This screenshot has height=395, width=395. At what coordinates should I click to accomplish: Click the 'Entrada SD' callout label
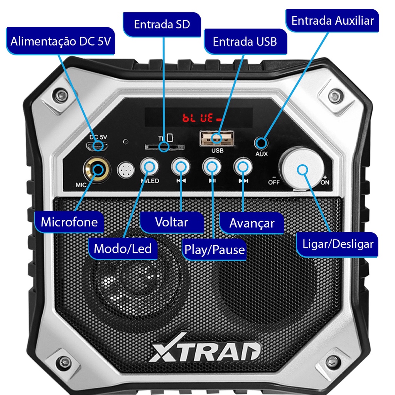click(162, 24)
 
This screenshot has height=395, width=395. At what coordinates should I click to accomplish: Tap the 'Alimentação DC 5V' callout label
click(61, 41)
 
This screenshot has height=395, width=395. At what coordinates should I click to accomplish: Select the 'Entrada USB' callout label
click(245, 42)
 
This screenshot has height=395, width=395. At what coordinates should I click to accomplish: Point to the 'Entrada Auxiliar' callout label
click(333, 21)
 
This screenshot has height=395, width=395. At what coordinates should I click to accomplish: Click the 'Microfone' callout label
click(69, 222)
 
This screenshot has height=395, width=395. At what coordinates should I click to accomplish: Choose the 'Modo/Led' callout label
click(123, 249)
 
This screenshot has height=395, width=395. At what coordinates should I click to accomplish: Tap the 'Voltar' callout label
click(172, 222)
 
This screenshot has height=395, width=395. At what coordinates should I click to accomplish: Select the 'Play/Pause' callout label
click(214, 250)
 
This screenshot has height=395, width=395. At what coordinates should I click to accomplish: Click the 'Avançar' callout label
click(252, 223)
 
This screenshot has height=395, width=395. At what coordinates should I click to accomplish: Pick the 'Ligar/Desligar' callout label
click(337, 244)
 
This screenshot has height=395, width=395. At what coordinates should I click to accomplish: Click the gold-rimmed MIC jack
click(97, 169)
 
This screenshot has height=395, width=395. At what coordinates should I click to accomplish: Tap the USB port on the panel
click(217, 138)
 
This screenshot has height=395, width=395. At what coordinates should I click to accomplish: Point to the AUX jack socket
click(261, 143)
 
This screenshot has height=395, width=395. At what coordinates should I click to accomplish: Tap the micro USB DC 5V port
click(97, 146)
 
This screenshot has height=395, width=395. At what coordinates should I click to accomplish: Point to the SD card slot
click(164, 147)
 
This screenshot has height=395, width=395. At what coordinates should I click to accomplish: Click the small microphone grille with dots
click(126, 170)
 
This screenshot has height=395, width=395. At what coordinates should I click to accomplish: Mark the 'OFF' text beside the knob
click(273, 182)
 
